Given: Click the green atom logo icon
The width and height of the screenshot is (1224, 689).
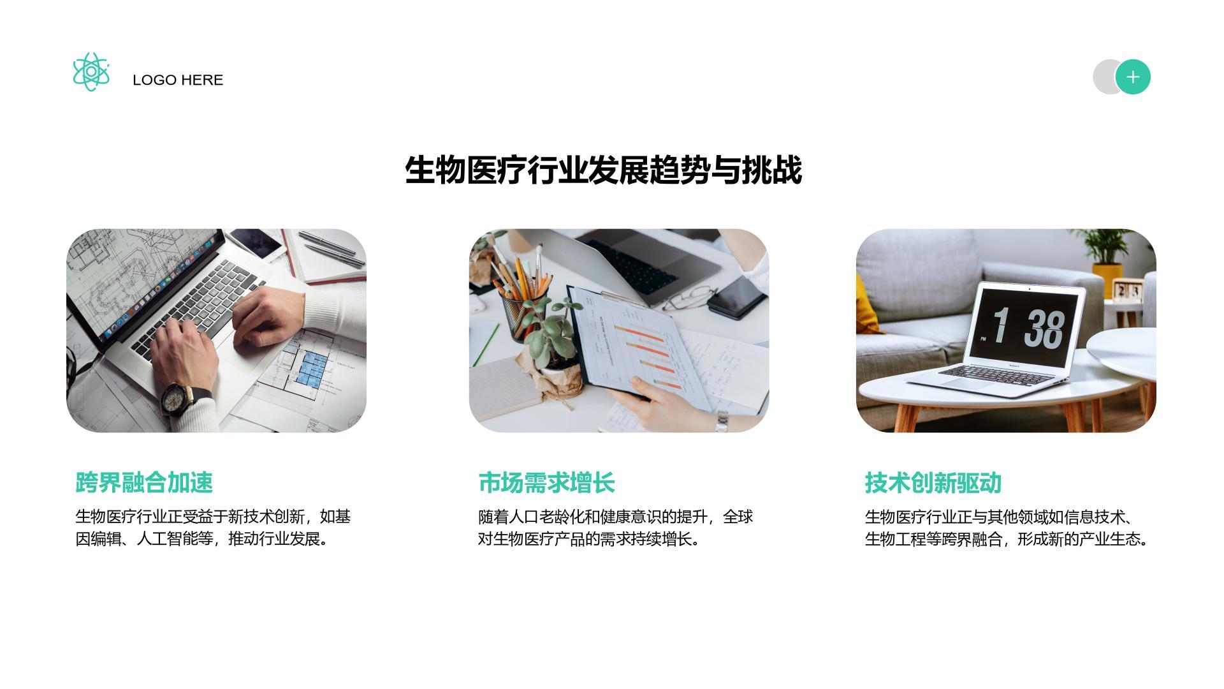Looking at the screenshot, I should [91, 72].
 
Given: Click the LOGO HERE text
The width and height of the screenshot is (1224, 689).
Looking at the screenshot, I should [178, 80].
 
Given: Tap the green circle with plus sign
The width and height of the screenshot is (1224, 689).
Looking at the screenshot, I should [1133, 77].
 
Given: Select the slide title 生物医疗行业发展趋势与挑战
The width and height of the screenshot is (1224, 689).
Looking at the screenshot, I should [603, 170].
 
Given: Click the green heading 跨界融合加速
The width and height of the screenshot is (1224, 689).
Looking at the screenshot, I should [144, 483].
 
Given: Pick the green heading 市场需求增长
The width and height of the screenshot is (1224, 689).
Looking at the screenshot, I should [546, 483].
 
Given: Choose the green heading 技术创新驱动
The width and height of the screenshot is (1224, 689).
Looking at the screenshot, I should [933, 483].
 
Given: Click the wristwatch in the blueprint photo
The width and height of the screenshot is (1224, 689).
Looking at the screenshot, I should [175, 399].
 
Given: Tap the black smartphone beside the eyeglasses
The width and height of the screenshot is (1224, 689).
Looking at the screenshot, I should [736, 297].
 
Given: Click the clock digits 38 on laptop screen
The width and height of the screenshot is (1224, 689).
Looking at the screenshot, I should [1044, 329].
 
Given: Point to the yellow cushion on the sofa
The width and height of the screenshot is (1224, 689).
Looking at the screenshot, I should [868, 303].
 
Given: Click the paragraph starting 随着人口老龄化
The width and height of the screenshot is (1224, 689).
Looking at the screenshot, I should [615, 528].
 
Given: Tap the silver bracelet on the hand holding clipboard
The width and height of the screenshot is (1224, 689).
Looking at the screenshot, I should [722, 421].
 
